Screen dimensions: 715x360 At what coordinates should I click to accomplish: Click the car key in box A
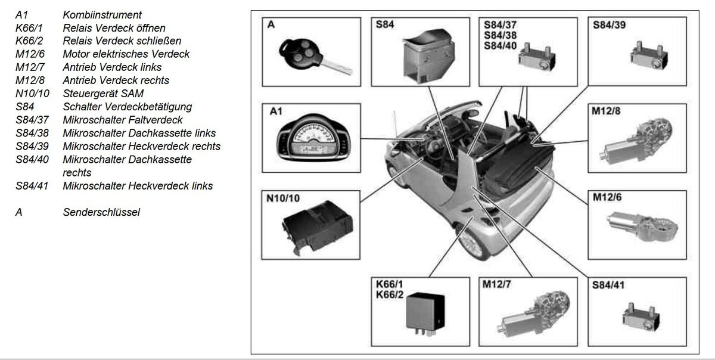pyautogui.click(x=315, y=57)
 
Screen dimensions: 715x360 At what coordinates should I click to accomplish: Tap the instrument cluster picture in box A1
pyautogui.click(x=313, y=137)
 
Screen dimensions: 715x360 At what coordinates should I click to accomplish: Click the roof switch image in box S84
pyautogui.click(x=428, y=56)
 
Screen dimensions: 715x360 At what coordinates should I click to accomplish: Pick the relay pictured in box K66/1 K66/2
pyautogui.click(x=425, y=313)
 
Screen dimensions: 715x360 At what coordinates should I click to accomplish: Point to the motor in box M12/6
pyautogui.click(x=642, y=226)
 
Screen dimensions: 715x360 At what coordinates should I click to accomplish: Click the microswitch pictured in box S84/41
pyautogui.click(x=641, y=317)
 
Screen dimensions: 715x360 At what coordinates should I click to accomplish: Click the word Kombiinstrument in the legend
pyautogui.click(x=102, y=15)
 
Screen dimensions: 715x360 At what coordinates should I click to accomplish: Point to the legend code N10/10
pyautogui.click(x=32, y=93)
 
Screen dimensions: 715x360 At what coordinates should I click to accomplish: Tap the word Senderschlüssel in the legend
pyautogui.click(x=101, y=212)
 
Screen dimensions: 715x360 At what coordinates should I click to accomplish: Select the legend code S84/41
pyautogui.click(x=32, y=185)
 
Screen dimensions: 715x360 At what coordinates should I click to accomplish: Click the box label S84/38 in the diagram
pyautogui.click(x=500, y=35)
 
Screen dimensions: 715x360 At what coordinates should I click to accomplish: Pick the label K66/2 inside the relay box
pyautogui.click(x=390, y=294)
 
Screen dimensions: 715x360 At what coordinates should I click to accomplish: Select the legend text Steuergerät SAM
pyautogui.click(x=103, y=93)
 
